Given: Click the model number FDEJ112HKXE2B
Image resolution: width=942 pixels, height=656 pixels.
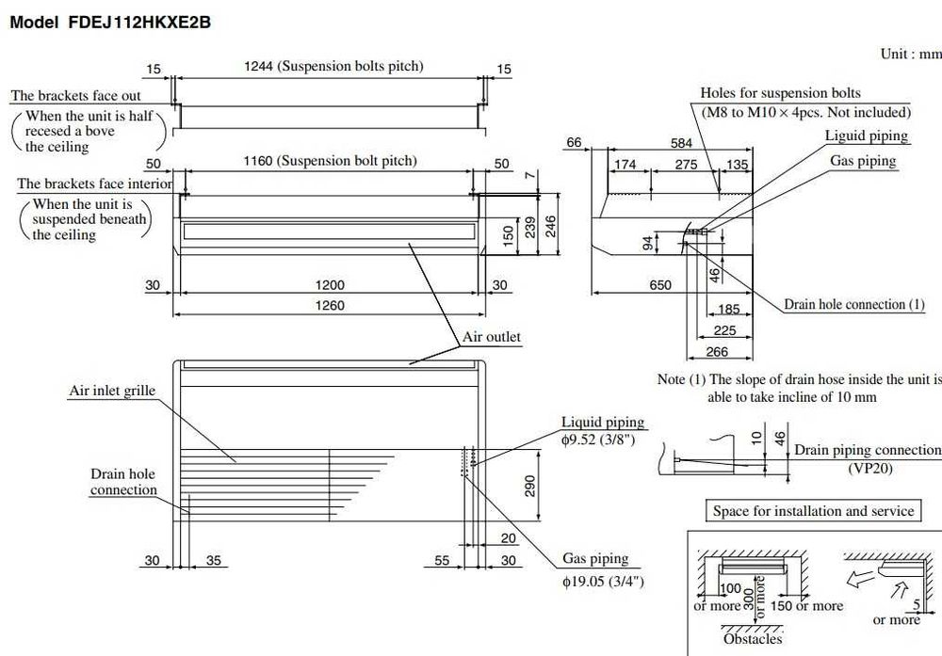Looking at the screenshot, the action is [139, 23].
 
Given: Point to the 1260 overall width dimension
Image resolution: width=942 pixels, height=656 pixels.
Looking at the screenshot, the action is [330, 306].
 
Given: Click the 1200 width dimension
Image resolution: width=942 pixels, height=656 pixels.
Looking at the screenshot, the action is [330, 285].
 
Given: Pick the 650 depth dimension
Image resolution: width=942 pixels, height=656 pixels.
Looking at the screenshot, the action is [660, 285].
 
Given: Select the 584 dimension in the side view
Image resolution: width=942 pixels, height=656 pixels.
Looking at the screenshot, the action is [681, 143].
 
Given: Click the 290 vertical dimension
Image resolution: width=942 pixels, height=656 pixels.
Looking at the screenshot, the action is [529, 486].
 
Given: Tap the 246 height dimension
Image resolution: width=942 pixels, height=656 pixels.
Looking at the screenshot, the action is [550, 226].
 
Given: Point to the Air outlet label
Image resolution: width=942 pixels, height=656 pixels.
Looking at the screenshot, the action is [492, 337].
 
